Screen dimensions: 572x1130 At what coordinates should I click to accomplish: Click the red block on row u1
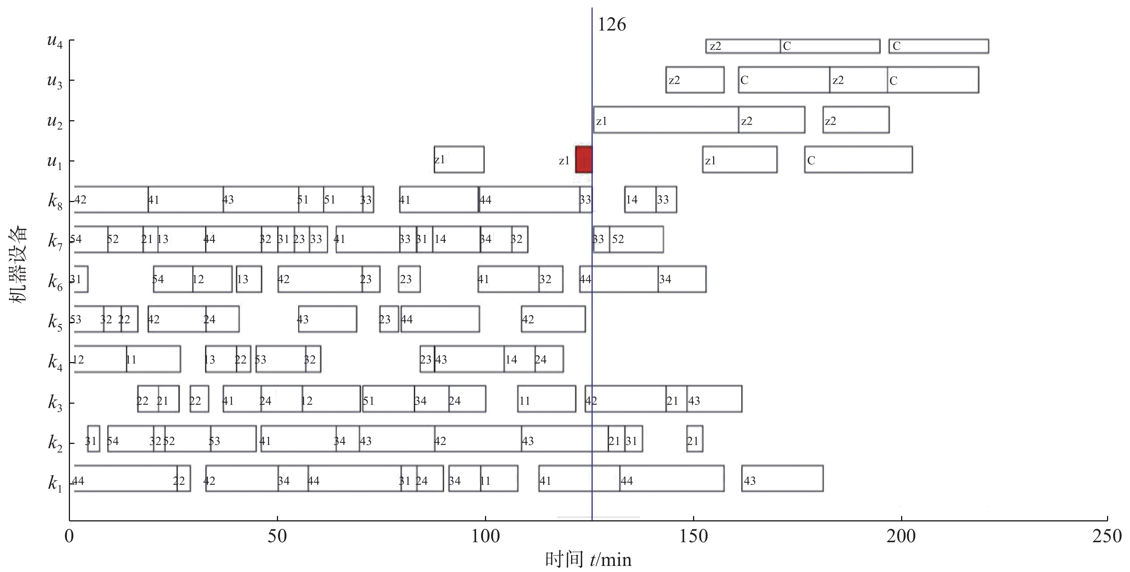pos(583,160)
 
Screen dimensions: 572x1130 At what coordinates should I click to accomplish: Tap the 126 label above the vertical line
pos(612,24)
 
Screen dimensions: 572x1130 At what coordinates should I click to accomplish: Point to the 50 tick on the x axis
pos(277,536)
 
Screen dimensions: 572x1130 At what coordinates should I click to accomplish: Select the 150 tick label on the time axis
pos(693,536)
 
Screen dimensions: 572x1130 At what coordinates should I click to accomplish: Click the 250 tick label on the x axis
pos(1107,536)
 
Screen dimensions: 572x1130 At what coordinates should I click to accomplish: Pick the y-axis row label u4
pos(55,41)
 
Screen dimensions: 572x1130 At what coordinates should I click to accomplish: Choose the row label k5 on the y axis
pos(55,322)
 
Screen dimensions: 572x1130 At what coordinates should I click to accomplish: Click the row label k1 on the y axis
pos(55,483)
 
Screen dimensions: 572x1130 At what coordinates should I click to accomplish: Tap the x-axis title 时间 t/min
pos(588,560)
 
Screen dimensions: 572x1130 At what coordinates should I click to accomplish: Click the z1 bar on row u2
pos(665,120)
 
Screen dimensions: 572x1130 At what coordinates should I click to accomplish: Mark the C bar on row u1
pos(858,160)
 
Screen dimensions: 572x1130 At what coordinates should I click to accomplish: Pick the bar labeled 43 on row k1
pos(782,479)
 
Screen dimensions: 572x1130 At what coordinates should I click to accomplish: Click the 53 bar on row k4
pos(281,359)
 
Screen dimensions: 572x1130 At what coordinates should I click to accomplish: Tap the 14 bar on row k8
pos(640,200)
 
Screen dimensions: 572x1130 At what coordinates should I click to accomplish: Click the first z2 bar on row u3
pos(695,80)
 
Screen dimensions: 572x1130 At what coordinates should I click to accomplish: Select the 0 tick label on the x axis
pos(69,536)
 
